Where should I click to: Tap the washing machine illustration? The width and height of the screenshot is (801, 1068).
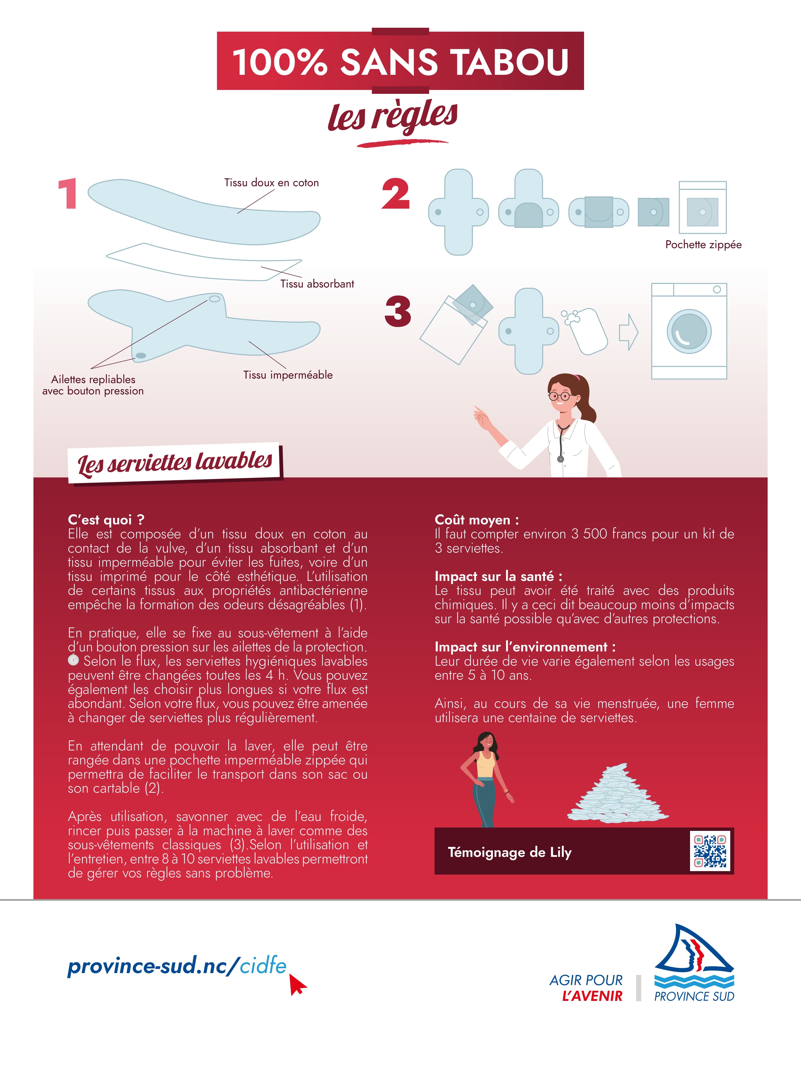click(689, 331)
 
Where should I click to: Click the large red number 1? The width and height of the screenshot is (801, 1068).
click(68, 194)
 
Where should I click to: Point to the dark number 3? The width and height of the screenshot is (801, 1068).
click(398, 311)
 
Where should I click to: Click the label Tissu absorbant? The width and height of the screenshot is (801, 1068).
click(317, 284)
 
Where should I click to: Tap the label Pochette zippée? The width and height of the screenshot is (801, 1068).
click(703, 245)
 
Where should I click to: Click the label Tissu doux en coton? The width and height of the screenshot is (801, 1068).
click(271, 182)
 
